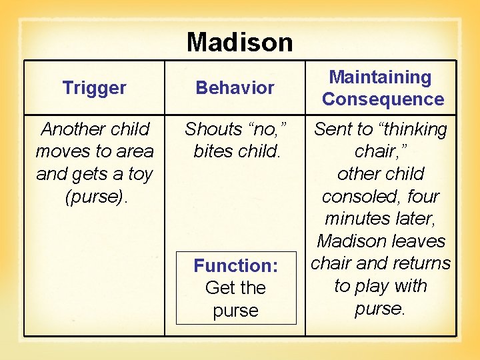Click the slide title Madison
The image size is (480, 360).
tap(239, 42)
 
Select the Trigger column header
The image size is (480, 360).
tap(94, 87)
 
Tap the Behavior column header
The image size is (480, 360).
tap(235, 87)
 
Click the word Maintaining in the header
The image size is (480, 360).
tap(381, 77)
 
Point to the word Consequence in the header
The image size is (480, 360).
tap(383, 99)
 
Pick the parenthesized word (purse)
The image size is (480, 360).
tap(94, 197)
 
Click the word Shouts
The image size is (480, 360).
tap(213, 129)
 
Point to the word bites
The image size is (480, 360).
tap(212, 151)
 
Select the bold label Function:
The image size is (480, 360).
tap(235, 265)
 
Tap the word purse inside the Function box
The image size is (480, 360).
tap(235, 311)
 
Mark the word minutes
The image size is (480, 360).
tap(357, 219)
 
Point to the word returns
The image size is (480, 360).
tap(421, 263)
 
